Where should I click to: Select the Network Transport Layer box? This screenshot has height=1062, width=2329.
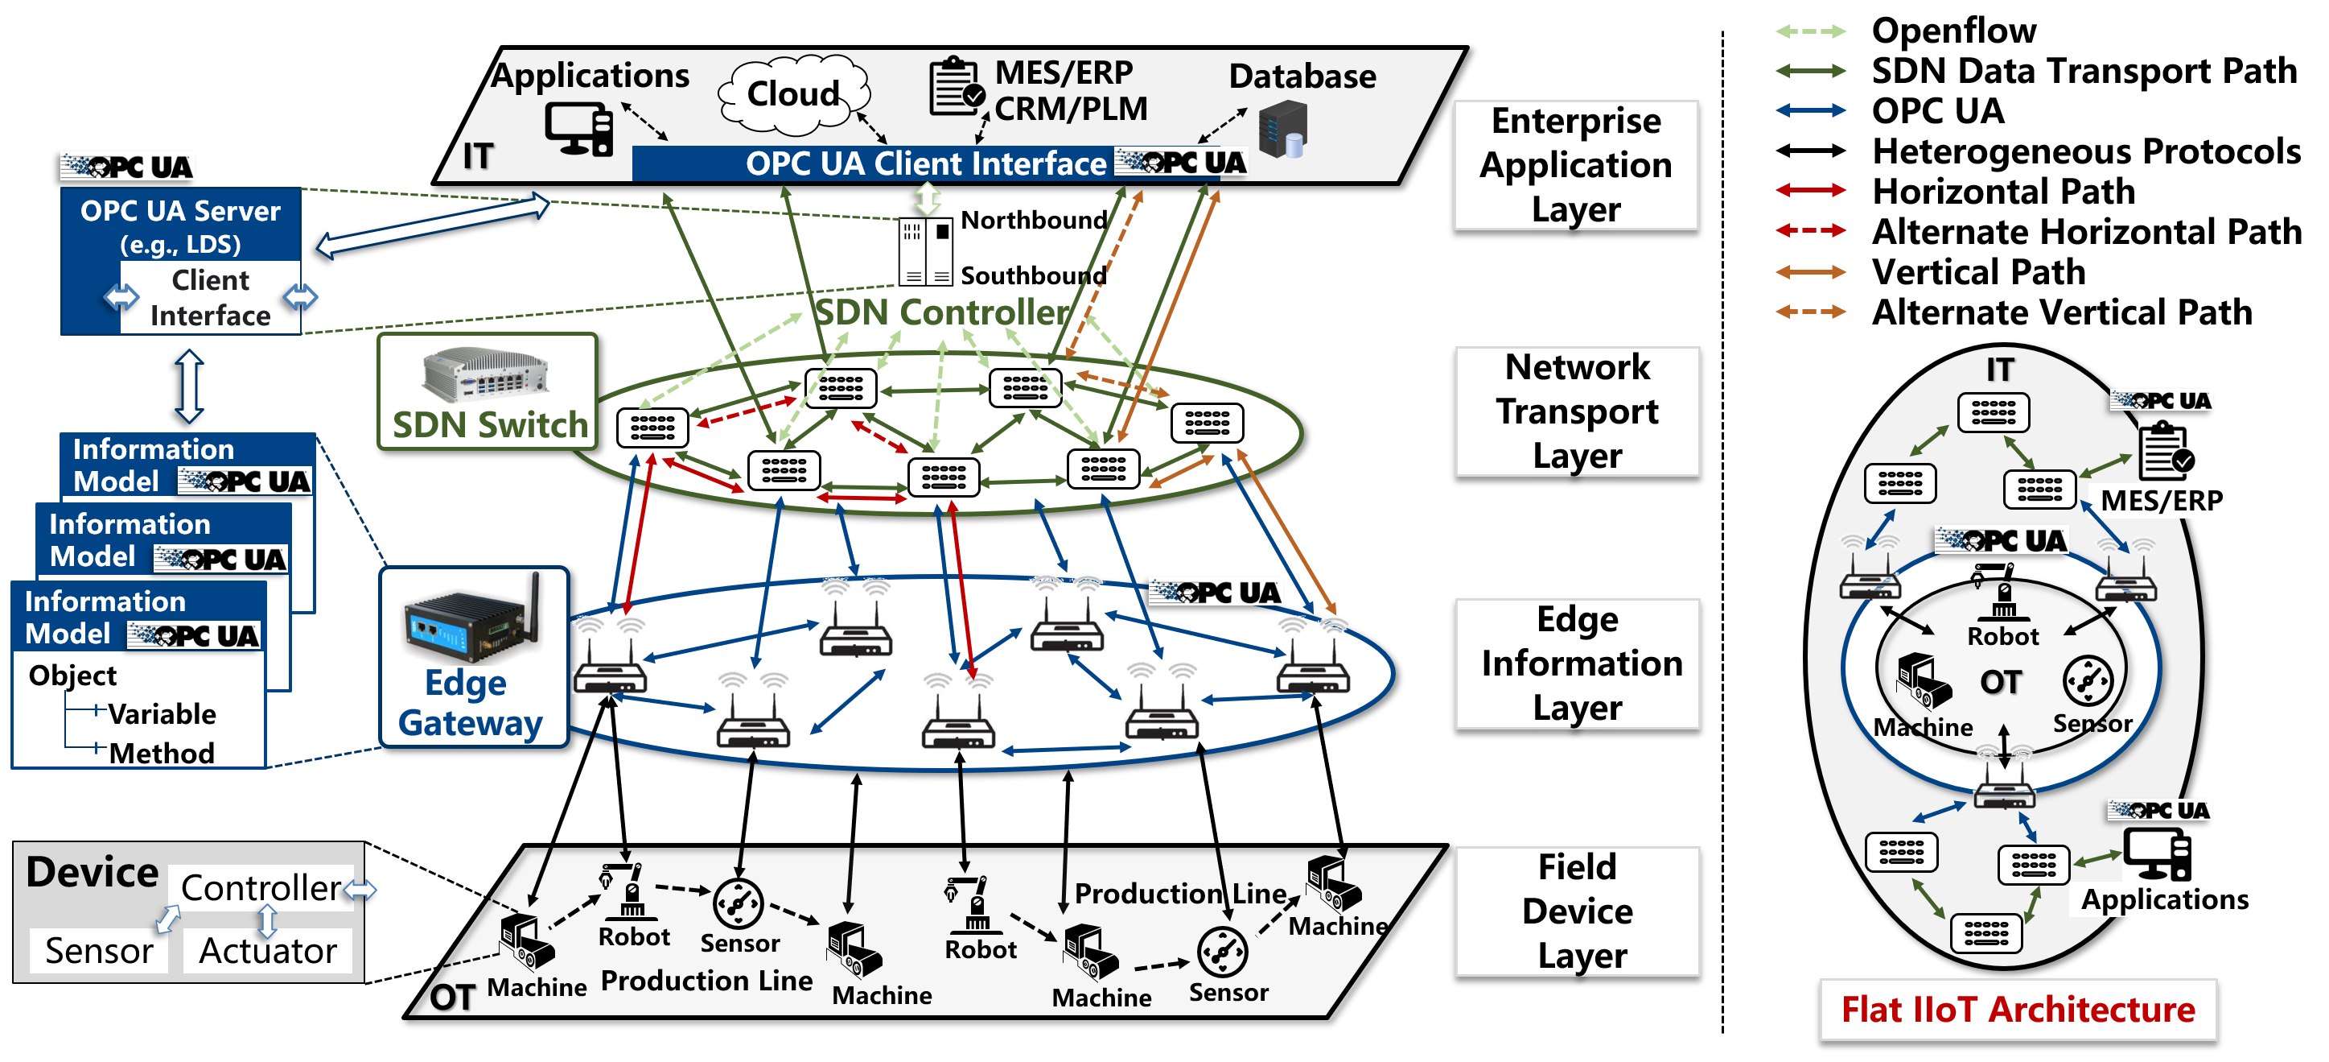1577,411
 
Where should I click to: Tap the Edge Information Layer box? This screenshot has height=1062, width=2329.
1577,663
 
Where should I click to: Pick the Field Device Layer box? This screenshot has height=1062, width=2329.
1577,911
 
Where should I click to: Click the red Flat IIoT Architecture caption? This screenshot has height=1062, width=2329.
2017,1009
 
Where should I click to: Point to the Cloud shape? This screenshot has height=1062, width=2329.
793,93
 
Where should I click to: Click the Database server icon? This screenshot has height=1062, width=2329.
1284,130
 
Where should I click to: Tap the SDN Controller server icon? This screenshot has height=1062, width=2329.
925,251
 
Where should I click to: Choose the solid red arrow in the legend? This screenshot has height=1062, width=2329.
1810,190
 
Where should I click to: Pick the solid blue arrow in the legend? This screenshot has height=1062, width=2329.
1810,110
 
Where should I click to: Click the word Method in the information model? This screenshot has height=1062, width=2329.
162,753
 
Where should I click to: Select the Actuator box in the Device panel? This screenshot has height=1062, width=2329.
268,951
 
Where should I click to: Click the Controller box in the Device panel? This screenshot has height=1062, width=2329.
261,887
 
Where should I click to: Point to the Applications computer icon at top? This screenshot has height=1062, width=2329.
578,129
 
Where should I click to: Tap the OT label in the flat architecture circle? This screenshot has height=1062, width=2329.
2000,682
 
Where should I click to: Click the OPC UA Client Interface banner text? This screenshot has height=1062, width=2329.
925,163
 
